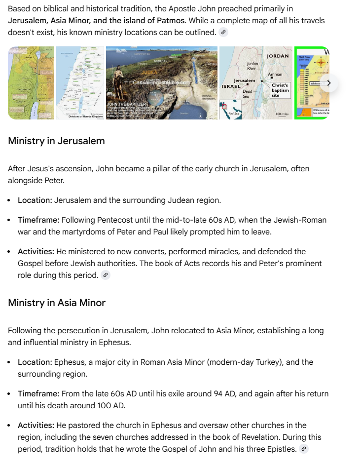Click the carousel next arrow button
coord(328,82)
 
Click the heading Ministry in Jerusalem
coord(56,141)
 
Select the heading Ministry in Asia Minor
coord(57,303)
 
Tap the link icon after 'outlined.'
coord(224,33)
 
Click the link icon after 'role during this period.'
coord(105,275)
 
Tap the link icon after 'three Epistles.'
coord(304,449)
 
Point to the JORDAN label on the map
coord(277,56)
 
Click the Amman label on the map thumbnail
coord(275,75)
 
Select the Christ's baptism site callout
coord(280,90)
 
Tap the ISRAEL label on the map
coord(231,86)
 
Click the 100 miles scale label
coord(282,114)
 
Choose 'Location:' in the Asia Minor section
coord(35,362)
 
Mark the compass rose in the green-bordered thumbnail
coord(322,63)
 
